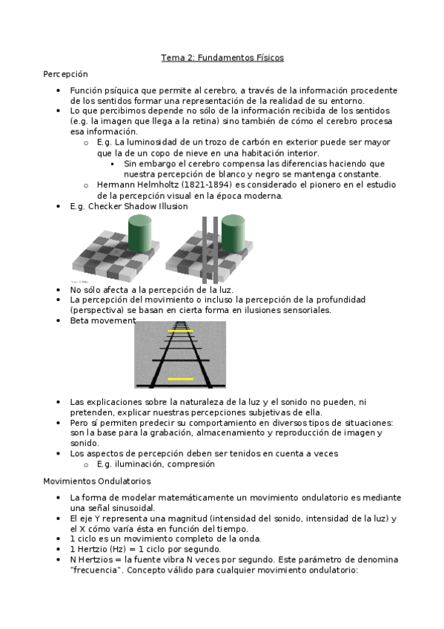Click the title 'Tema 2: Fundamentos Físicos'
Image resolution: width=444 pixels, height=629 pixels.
coord(222,58)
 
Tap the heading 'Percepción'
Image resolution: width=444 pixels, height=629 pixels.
coord(65,74)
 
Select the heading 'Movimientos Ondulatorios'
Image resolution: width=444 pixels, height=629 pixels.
coord(97,481)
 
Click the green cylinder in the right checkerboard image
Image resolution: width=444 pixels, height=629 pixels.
coord(233,234)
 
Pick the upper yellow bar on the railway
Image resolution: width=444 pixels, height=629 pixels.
coord(180,331)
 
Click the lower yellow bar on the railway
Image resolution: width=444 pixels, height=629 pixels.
coord(180,379)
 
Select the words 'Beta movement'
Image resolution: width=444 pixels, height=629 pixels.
coord(103,320)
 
